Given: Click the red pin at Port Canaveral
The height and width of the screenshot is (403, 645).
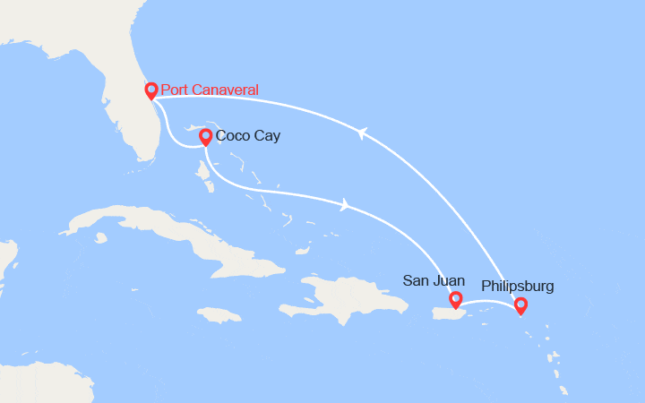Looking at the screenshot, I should click(x=151, y=90).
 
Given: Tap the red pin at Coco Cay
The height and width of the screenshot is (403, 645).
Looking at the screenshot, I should click(x=205, y=136).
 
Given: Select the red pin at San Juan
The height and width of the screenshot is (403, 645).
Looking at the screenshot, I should click(x=455, y=299).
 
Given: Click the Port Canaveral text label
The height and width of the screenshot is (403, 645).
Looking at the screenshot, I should click(x=210, y=90).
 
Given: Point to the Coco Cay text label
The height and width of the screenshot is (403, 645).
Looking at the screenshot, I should click(x=248, y=136).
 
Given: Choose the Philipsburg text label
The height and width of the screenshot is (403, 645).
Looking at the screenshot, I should click(x=518, y=287).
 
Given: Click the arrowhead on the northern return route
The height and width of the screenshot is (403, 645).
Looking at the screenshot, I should click(x=361, y=133).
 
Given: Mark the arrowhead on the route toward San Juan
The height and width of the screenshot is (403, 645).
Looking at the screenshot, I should click(x=345, y=206).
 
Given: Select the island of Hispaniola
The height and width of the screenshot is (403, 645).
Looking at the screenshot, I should click(x=345, y=296).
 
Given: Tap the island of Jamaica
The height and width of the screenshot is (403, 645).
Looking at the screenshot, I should click(x=219, y=314).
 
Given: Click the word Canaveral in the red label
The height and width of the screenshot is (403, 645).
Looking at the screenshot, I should click(x=224, y=90).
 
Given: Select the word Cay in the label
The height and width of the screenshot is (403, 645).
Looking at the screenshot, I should click(x=267, y=136).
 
